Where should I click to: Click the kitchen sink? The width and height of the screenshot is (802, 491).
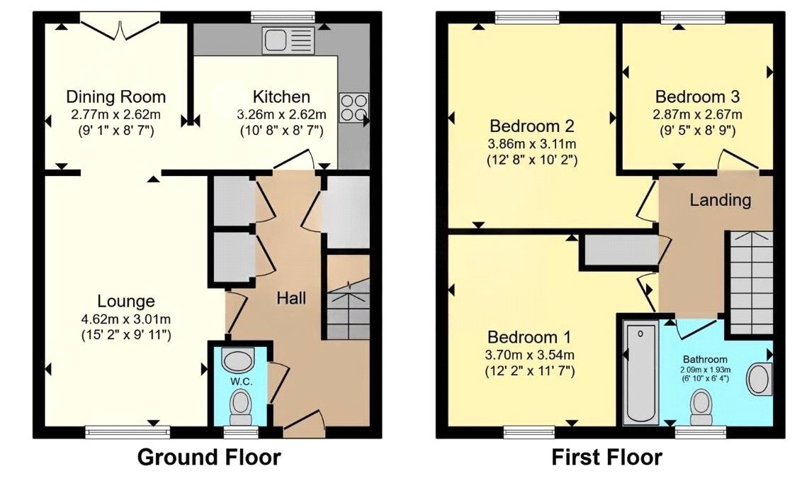tap(288, 40)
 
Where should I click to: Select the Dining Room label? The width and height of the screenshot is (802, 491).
tap(115, 97)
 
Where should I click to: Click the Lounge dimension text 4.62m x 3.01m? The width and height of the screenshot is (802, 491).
tap(116, 318)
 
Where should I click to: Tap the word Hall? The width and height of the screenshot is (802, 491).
tap(291, 298)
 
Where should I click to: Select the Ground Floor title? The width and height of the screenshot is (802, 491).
tap(208, 458)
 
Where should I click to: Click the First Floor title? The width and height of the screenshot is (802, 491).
tap(606, 458)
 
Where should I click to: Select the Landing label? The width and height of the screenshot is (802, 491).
tap(721, 200)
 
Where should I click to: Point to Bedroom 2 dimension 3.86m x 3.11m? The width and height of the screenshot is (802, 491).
tap(531, 143)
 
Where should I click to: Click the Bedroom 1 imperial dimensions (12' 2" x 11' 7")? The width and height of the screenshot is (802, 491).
tap(531, 370)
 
